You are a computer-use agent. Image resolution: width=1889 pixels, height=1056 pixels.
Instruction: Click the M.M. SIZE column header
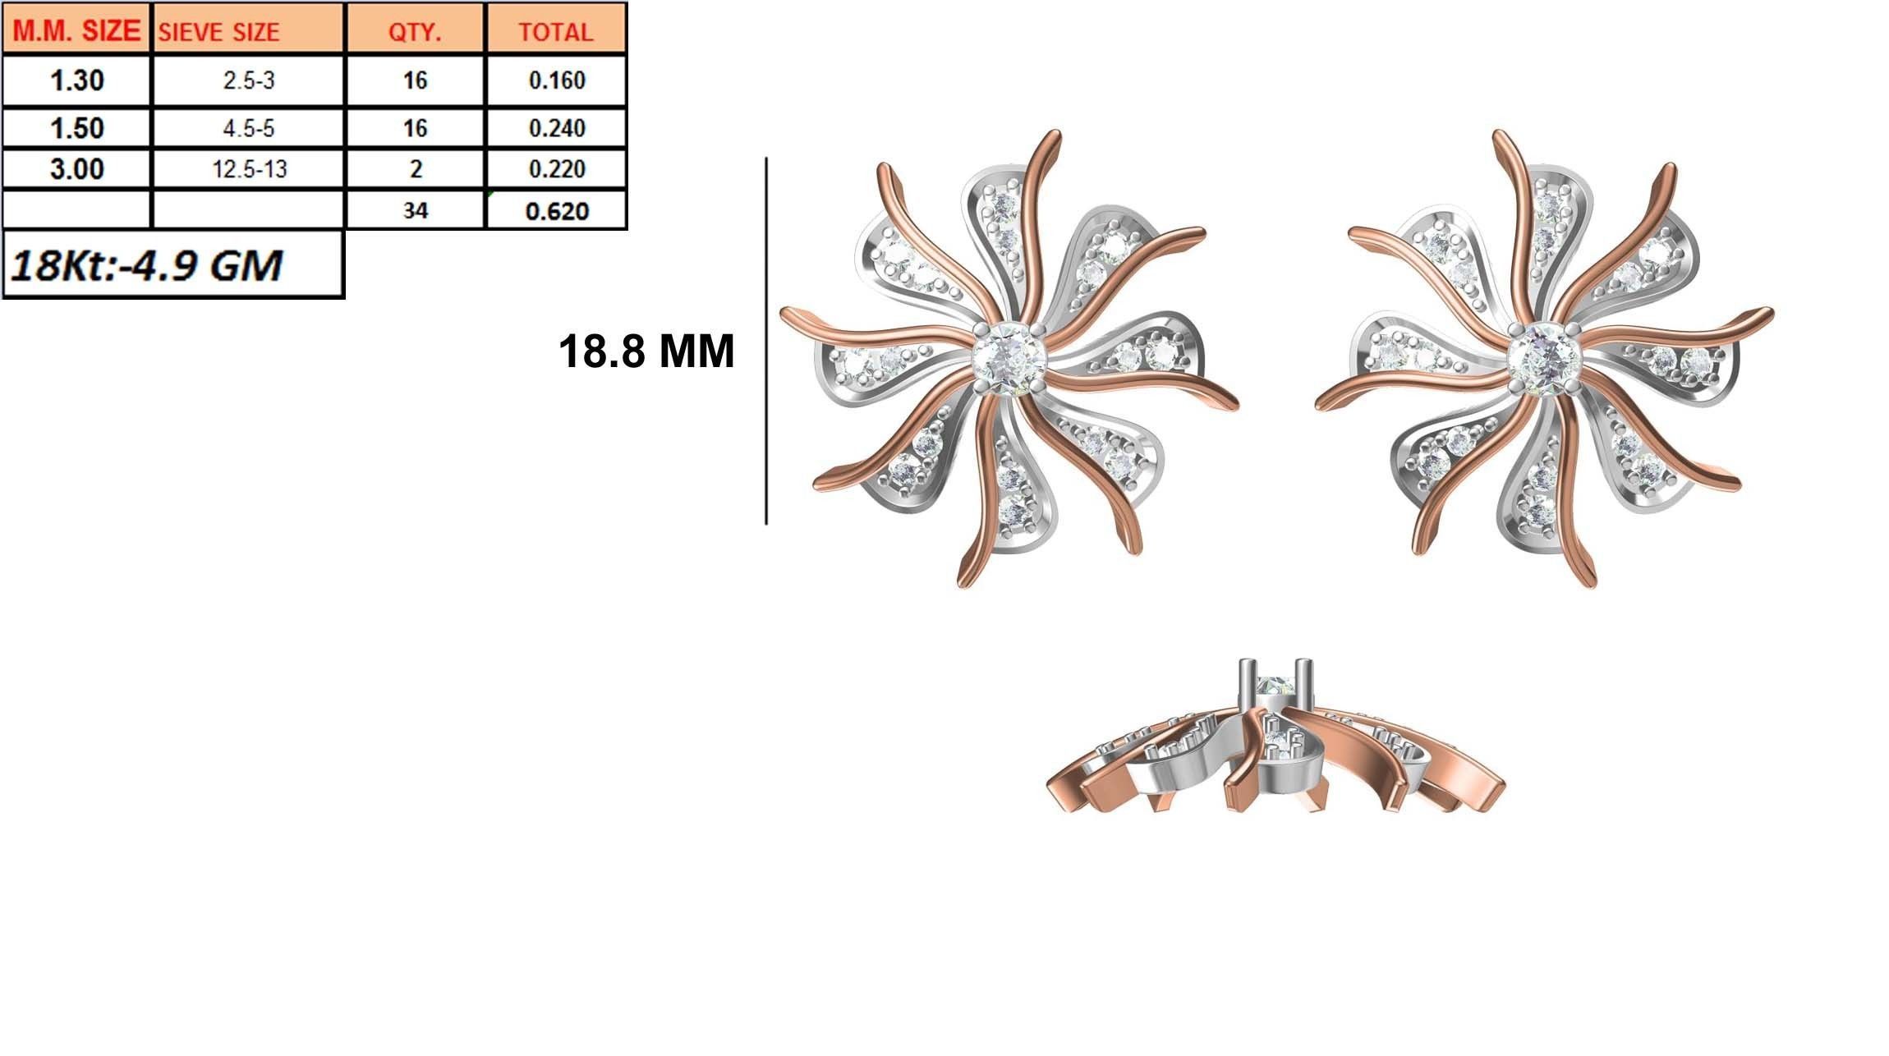click(x=76, y=30)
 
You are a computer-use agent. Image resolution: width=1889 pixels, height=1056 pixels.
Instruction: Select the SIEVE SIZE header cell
click(x=249, y=31)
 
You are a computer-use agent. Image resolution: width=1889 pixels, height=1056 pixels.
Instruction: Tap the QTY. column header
click(x=416, y=31)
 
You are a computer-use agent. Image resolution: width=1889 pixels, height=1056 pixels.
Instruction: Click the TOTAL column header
click(x=556, y=31)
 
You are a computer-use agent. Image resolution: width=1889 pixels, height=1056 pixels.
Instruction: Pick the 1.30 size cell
click(x=76, y=80)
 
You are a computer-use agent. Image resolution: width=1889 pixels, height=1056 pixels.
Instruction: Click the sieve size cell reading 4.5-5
click(x=249, y=128)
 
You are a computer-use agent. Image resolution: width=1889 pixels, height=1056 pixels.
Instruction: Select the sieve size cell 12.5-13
click(x=249, y=169)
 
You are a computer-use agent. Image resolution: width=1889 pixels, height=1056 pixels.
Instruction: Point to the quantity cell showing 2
click(x=416, y=169)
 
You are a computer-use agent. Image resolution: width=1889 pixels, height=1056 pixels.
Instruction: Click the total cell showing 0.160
click(x=556, y=80)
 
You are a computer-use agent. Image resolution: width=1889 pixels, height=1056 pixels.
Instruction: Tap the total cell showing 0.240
click(x=556, y=128)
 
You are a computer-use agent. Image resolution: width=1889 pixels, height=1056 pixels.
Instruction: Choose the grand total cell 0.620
click(x=556, y=211)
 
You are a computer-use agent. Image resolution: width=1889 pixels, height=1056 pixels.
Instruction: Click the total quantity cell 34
click(x=416, y=211)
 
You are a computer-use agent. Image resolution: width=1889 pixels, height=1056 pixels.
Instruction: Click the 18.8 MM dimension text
click(x=646, y=351)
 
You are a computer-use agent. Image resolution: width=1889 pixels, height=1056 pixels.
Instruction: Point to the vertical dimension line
click(x=766, y=341)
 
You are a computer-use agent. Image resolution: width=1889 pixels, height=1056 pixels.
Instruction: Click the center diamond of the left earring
click(x=1009, y=359)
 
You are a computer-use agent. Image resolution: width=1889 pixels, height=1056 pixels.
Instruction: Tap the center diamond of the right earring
click(x=1544, y=359)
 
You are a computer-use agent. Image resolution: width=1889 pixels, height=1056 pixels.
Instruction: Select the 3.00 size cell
click(x=76, y=169)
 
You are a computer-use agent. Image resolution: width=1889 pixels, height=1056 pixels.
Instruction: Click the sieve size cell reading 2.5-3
click(x=249, y=80)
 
